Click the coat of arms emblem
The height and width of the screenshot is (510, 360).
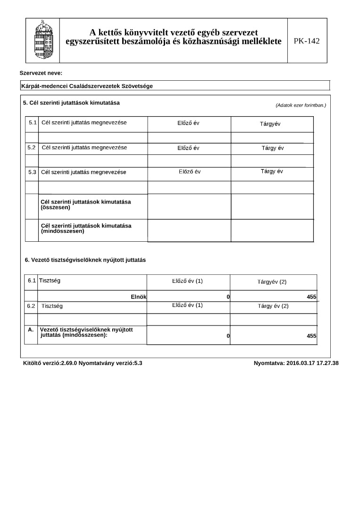[42, 41]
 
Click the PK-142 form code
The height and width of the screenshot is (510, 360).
[307, 41]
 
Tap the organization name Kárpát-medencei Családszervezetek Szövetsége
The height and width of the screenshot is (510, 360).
[87, 86]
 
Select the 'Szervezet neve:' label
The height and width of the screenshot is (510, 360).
[41, 73]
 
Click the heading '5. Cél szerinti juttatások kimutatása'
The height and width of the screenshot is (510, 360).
[71, 102]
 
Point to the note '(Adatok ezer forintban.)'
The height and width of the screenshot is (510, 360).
[301, 105]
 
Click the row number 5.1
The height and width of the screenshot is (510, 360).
[33, 123]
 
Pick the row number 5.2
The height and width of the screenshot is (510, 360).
[32, 148]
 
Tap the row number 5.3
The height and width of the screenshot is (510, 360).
[32, 172]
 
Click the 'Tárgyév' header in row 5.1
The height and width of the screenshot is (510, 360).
[270, 124]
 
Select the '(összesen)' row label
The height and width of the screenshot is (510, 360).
[55, 207]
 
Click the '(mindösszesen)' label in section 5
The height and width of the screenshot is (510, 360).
[63, 231]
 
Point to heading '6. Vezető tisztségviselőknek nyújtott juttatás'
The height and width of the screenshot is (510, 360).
[85, 260]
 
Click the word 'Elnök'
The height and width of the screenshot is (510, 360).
[139, 297]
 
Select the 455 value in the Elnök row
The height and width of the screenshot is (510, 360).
[311, 297]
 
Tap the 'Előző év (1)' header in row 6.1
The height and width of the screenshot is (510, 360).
[187, 281]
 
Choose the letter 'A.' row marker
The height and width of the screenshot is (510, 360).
[31, 330]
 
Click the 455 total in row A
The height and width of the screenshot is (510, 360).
[311, 336]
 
